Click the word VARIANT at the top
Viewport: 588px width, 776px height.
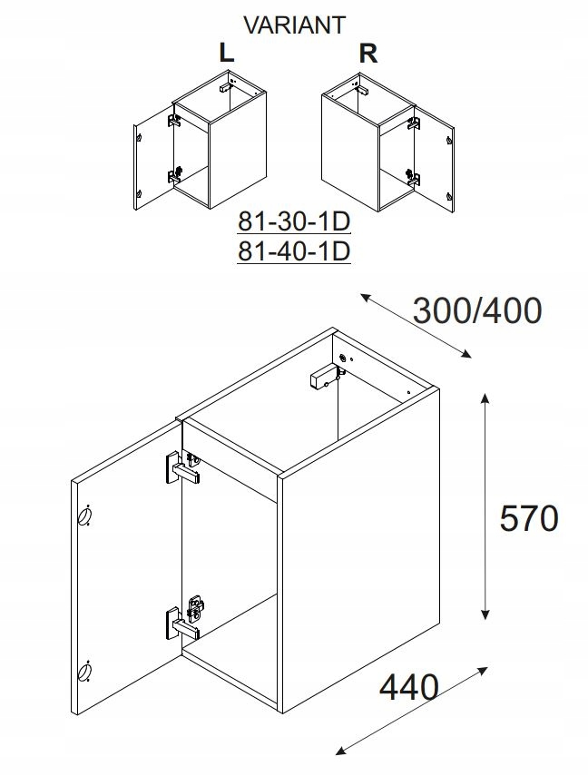(295, 25)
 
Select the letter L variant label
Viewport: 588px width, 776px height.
(226, 53)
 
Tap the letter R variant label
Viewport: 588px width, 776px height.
(368, 54)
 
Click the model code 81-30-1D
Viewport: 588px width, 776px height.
(294, 221)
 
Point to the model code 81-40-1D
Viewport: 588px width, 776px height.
(294, 251)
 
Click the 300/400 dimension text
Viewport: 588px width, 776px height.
(477, 310)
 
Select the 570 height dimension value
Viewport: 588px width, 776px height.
(529, 518)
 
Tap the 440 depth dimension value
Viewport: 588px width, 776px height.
(409, 687)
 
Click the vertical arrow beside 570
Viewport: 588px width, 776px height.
(485, 506)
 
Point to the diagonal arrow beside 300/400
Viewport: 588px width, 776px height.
(416, 325)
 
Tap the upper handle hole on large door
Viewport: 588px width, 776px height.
(84, 516)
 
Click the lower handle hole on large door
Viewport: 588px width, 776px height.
(84, 672)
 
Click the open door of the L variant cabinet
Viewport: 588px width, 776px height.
(153, 157)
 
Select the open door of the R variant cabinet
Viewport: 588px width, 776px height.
(434, 160)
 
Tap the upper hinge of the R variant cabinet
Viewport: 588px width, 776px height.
(413, 123)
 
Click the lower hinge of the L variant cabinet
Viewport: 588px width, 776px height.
(175, 174)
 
